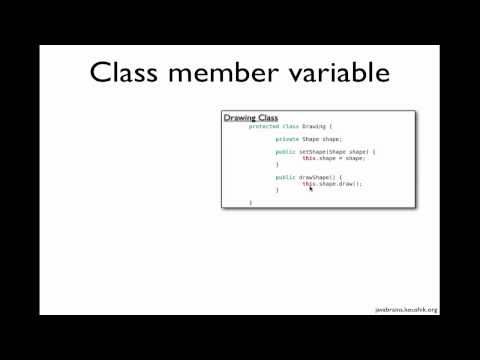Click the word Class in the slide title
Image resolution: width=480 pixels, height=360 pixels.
pyautogui.click(x=128, y=73)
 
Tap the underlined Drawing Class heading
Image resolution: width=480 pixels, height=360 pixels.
pyautogui.click(x=250, y=118)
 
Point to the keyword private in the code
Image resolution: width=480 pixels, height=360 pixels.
pyautogui.click(x=287, y=139)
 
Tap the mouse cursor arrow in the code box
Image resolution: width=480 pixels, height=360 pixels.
pyautogui.click(x=311, y=188)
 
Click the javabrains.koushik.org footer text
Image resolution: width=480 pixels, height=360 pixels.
pyautogui.click(x=406, y=310)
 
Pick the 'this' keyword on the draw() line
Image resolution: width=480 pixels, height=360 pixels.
pyautogui.click(x=309, y=184)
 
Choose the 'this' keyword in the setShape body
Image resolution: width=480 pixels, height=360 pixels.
pyautogui.click(x=309, y=158)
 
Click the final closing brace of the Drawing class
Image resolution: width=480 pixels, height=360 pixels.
pyautogui.click(x=250, y=202)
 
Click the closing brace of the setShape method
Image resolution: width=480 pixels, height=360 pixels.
pyautogui.click(x=277, y=164)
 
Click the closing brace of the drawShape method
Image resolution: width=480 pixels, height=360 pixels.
pyautogui.click(x=277, y=190)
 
